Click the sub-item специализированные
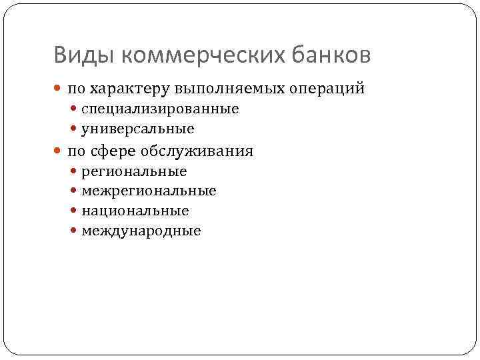160,109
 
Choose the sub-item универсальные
138,128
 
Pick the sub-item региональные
134,171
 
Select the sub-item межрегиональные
149,191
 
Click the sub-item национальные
135,211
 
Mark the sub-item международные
141,231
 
